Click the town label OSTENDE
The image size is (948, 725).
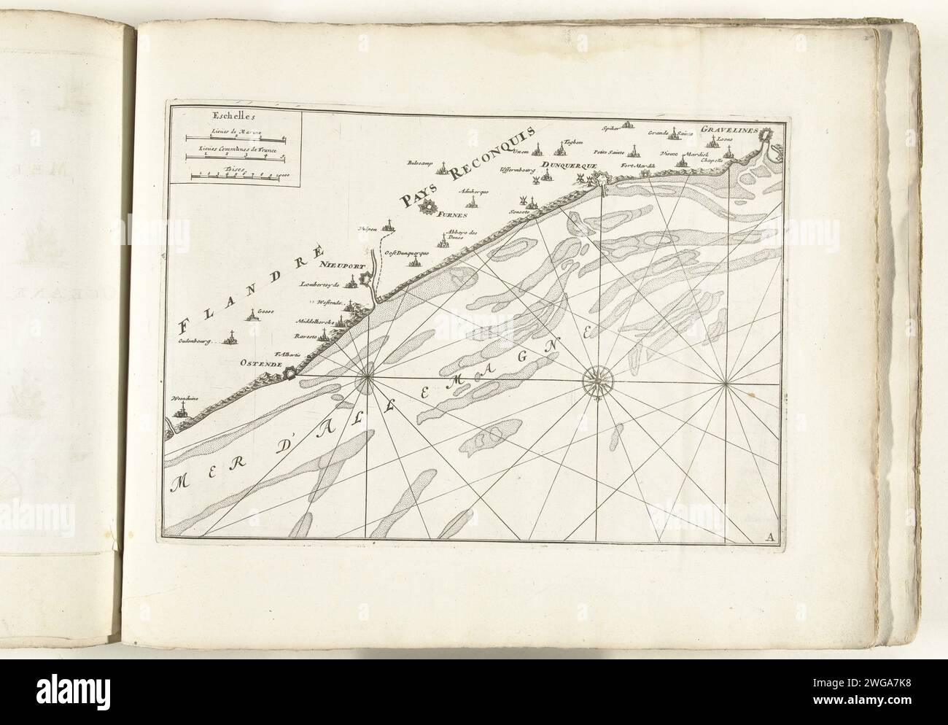pyautogui.click(x=258, y=361)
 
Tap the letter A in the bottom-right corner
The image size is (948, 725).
pyautogui.click(x=770, y=538)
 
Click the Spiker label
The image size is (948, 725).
pyautogui.click(x=610, y=128)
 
